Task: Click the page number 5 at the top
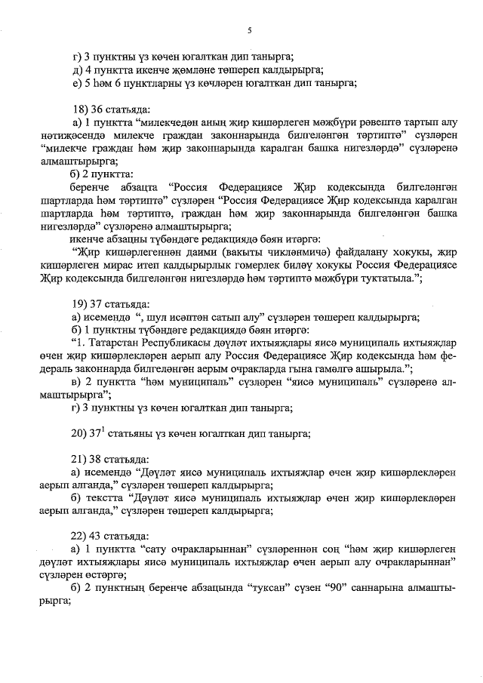click(x=250, y=29)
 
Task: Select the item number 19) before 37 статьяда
click(x=78, y=304)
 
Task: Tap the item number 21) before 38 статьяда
click(x=78, y=458)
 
